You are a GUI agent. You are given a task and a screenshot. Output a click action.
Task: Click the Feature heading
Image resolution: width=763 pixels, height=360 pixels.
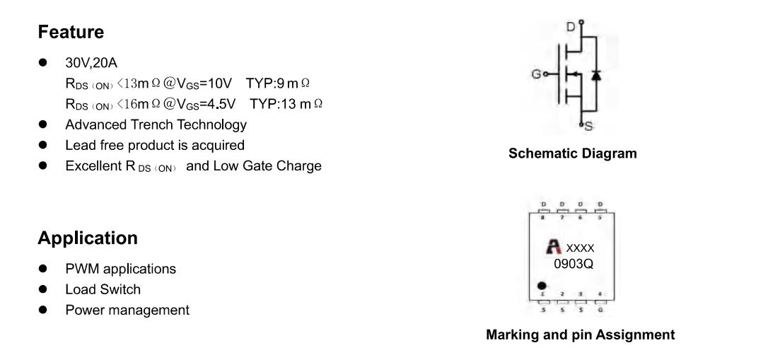click(71, 32)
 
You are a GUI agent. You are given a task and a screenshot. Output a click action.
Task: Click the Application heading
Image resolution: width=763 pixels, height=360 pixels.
click(88, 238)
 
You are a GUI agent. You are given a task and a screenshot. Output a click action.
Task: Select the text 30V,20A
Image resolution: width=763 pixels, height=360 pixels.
click(91, 63)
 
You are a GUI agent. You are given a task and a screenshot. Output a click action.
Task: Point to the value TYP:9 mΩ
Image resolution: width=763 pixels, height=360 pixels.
click(277, 83)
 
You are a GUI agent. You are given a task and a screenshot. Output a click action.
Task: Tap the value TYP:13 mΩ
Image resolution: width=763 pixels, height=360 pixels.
click(286, 104)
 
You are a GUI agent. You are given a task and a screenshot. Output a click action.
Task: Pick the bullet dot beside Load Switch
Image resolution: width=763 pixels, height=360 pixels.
click(43, 289)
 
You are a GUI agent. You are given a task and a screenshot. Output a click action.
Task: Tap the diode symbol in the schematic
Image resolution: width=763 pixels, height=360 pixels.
click(595, 75)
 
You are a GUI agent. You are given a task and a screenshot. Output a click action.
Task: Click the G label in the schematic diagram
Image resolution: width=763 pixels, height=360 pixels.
click(536, 74)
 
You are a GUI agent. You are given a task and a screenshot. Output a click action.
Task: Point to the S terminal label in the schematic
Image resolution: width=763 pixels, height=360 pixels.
click(588, 127)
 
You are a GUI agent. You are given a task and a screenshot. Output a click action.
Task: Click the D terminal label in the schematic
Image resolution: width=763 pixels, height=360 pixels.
click(571, 27)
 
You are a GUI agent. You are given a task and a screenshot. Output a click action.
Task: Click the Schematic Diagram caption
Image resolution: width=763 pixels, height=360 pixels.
click(573, 153)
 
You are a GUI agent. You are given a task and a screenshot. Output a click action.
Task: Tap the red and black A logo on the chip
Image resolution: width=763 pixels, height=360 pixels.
click(553, 247)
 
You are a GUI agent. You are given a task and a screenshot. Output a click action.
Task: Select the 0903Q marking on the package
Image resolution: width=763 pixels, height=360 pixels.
click(573, 264)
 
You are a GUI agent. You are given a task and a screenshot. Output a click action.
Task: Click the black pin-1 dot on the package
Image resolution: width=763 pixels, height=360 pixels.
click(542, 286)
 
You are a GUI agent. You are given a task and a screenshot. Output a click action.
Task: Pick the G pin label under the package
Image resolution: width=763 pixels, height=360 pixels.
click(600, 309)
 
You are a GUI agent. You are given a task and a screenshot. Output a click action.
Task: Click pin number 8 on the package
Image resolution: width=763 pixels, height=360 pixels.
click(544, 217)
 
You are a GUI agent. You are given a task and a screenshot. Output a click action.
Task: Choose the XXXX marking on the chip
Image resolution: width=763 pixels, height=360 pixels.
click(580, 248)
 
